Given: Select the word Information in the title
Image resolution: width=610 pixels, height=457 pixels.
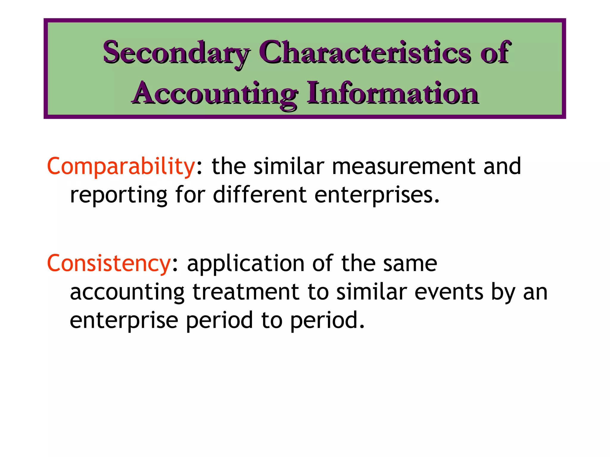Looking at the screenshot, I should click(x=393, y=93).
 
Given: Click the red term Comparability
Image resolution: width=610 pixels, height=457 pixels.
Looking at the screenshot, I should click(x=121, y=167).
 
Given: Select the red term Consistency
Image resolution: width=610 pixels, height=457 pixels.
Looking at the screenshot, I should click(x=109, y=264).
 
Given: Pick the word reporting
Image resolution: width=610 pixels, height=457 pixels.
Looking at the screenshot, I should click(x=119, y=195).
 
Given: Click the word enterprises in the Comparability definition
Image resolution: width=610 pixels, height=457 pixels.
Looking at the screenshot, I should click(x=377, y=195).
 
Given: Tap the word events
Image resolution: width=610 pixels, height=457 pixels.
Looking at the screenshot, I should click(x=449, y=292).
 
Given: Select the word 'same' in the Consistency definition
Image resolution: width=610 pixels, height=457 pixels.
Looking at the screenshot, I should click(x=410, y=264).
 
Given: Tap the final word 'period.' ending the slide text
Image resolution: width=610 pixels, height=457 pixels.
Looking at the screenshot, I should click(x=327, y=321).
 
